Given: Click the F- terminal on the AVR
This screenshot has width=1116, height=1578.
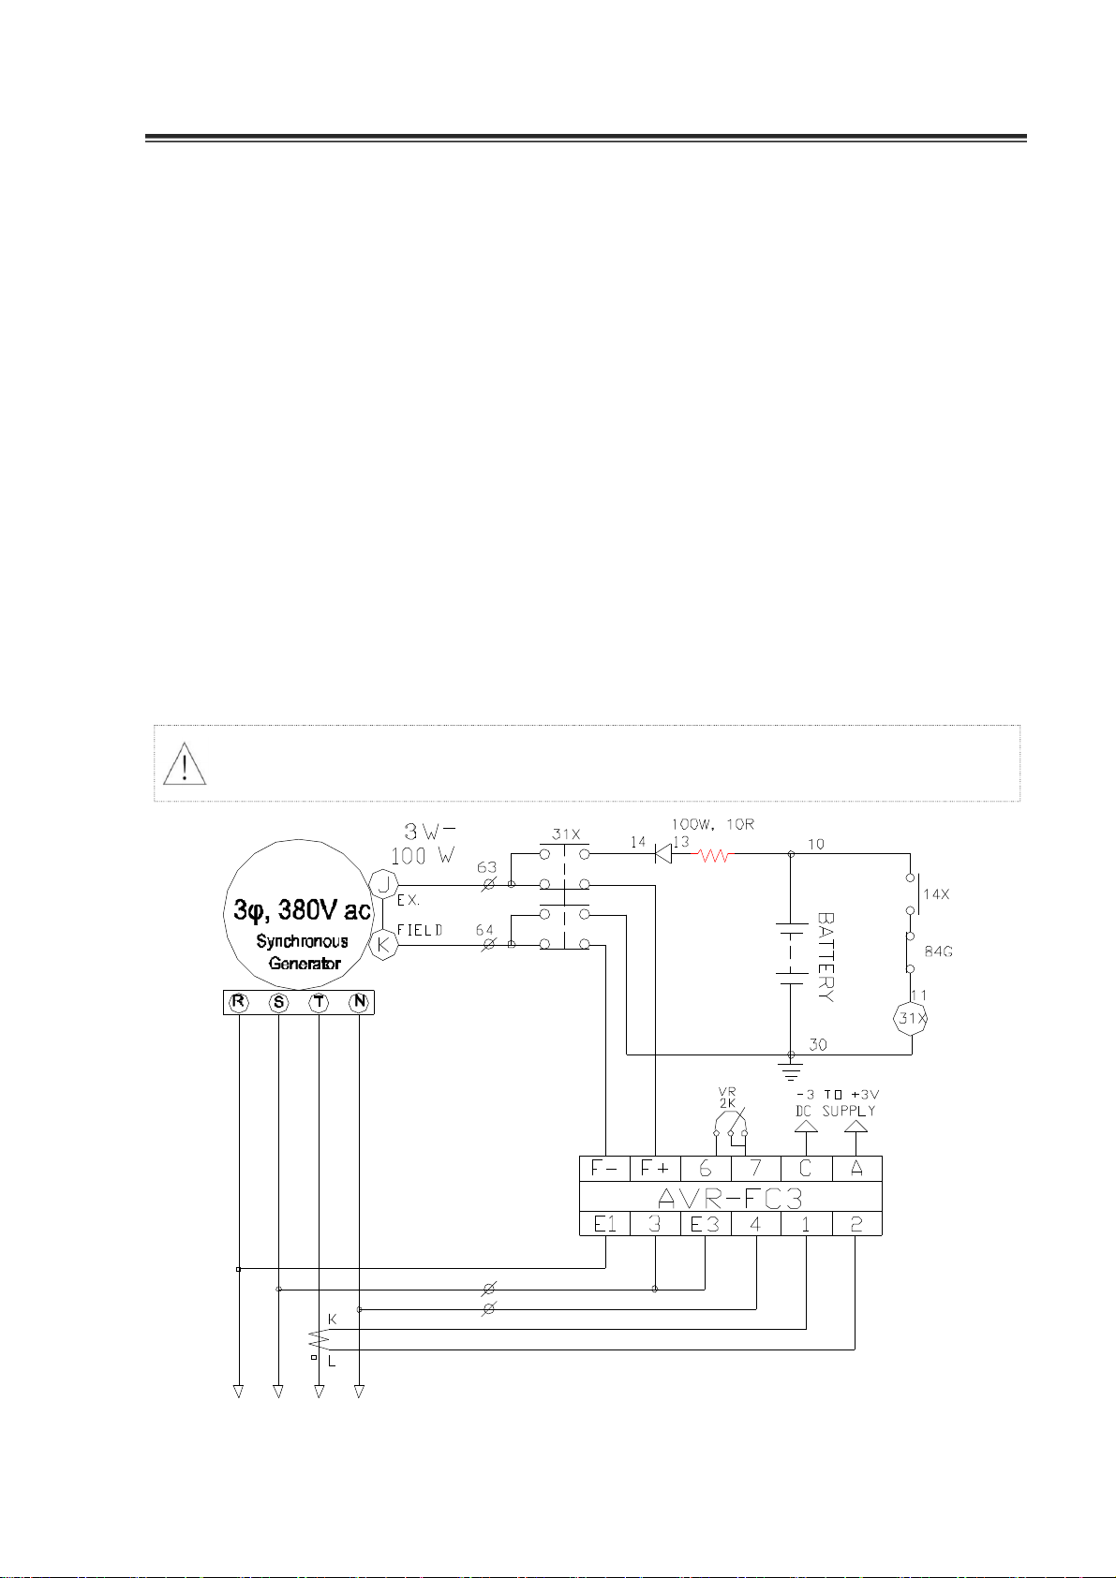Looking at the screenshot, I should point(604,1169).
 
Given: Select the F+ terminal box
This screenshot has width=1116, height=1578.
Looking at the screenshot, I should point(655,1169).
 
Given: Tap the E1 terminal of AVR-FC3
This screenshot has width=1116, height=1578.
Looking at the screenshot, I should point(604,1223).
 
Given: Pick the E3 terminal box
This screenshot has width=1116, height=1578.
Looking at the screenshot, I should point(706,1223).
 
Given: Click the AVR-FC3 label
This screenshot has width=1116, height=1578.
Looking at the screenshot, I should point(730,1196).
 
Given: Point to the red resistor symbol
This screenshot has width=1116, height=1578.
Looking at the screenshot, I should point(713,854).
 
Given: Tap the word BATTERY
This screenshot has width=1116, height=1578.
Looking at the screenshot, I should point(825,957).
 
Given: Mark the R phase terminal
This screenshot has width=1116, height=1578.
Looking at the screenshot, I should point(239,1003).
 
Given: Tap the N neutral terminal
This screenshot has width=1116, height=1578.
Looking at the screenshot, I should point(359,1003).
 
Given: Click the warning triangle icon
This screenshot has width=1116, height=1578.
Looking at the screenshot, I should point(185,763).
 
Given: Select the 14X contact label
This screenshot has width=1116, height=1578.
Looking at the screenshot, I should point(936,893).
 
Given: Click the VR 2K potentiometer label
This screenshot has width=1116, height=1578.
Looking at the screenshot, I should point(727,1098).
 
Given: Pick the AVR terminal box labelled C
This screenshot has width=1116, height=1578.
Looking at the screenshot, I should point(805,1169).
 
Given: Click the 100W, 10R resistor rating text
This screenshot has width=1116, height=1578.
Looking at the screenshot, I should point(712,825).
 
